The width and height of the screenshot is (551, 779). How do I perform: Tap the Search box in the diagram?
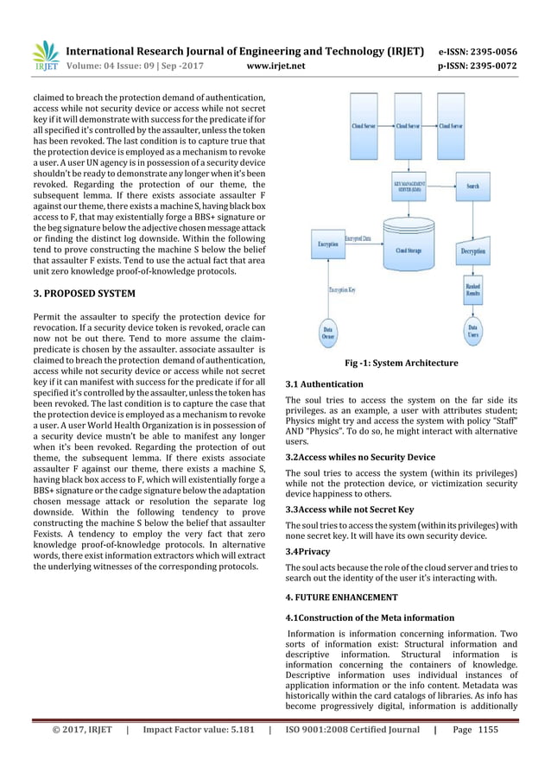pyautogui.click(x=472, y=186)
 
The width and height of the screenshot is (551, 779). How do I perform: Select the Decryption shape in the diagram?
pyautogui.click(x=472, y=250)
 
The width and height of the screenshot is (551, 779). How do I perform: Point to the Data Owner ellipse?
pyautogui.click(x=329, y=332)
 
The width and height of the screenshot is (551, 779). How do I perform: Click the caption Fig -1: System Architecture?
pyautogui.click(x=401, y=364)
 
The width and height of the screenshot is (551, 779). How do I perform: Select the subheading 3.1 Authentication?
pyautogui.click(x=324, y=383)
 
